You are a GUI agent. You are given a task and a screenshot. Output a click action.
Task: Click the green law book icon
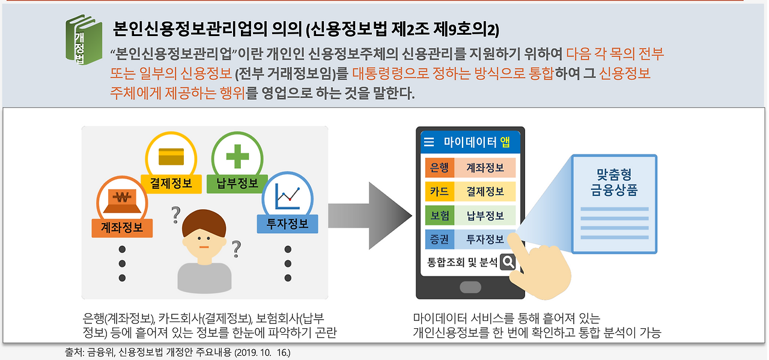click(x=84, y=40)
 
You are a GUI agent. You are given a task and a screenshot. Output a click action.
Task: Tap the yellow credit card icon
click(x=171, y=157)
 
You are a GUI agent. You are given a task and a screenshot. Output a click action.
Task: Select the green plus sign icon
click(x=237, y=157)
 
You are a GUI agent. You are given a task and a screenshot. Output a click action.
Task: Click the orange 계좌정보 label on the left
click(x=122, y=228)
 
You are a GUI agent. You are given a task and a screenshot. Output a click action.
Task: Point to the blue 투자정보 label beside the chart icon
click(x=287, y=224)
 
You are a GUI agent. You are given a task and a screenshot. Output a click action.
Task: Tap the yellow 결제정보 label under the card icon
click(x=171, y=184)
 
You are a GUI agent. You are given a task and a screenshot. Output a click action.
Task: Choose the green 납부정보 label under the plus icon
click(x=237, y=184)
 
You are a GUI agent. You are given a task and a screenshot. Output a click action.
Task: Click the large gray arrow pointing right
click(x=370, y=216)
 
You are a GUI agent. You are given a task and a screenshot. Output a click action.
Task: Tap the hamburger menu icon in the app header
click(x=429, y=142)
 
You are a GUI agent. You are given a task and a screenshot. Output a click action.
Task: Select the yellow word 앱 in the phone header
click(x=505, y=142)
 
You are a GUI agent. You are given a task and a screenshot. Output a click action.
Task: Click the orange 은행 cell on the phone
click(x=439, y=168)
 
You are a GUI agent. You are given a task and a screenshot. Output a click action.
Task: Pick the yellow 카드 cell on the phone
click(x=439, y=191)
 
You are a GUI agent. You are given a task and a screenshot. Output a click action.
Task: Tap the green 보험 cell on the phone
click(x=439, y=215)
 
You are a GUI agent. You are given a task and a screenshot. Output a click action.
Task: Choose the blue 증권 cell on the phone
click(x=439, y=239)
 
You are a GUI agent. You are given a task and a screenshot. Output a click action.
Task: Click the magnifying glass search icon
click(x=508, y=263)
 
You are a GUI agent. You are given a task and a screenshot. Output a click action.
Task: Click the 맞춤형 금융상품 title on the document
click(x=614, y=182)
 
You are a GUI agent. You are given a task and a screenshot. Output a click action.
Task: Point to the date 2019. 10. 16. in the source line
click(x=263, y=353)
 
